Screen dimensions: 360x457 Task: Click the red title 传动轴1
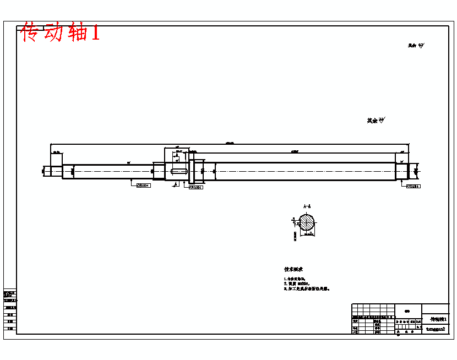tap(60, 33)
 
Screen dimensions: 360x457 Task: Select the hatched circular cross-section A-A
tap(306, 222)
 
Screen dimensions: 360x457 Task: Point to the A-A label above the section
tap(306, 207)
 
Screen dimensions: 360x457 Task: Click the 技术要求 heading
tap(293, 270)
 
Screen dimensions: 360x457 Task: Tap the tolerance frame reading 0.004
tap(143, 186)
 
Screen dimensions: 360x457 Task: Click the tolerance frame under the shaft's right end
tap(413, 186)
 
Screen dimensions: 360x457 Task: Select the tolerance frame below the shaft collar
tap(195, 187)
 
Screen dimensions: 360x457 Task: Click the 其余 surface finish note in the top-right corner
tap(415, 46)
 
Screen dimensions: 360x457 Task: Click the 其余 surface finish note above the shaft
tap(376, 120)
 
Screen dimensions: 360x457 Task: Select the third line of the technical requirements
tap(306, 288)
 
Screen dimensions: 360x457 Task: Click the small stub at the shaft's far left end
tap(47, 171)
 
